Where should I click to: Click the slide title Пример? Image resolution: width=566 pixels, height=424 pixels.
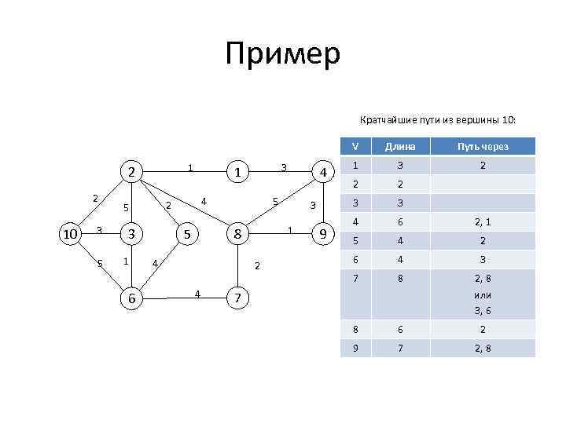coord(282,54)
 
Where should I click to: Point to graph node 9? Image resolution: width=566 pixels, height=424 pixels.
coord(322,234)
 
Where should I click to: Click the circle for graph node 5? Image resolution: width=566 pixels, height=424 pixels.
coord(186,234)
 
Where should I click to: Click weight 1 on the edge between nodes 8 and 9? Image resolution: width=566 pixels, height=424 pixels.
coord(290,230)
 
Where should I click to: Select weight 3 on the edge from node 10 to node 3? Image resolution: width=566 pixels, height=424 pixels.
coord(98,230)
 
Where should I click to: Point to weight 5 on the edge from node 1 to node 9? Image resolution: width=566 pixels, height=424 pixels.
coord(274,201)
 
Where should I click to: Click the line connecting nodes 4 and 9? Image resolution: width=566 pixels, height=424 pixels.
coord(322,203)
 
